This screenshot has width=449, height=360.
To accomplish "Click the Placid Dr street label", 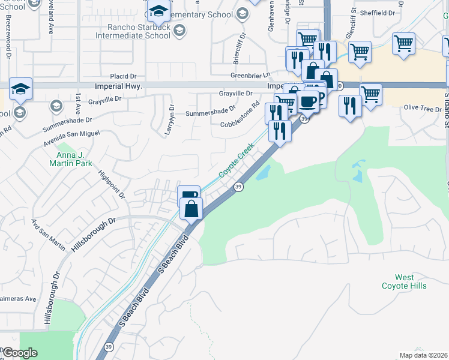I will [x=124, y=76].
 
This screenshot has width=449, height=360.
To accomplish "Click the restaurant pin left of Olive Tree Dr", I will [x=349, y=106].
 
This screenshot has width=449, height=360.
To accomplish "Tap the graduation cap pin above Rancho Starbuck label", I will [x=159, y=11].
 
